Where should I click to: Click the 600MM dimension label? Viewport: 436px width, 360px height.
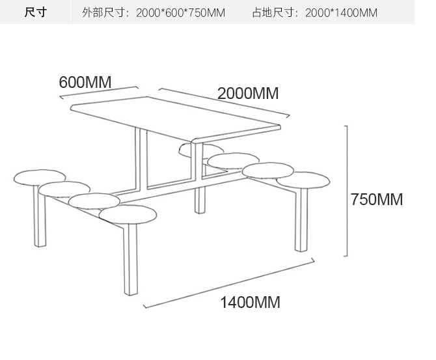tap(85, 83)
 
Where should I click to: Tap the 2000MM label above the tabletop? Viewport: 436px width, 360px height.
tap(248, 93)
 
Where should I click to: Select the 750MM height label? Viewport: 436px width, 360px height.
tap(377, 199)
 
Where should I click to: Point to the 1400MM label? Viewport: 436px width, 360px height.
tap(250, 302)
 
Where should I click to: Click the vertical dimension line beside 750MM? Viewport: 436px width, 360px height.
tap(347, 191)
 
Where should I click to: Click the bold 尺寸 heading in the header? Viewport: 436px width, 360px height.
tap(35, 12)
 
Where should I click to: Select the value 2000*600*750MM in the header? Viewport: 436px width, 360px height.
tap(180, 13)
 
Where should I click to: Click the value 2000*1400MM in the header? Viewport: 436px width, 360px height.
tap(340, 13)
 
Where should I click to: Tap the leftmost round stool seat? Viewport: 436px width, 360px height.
tap(40, 176)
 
